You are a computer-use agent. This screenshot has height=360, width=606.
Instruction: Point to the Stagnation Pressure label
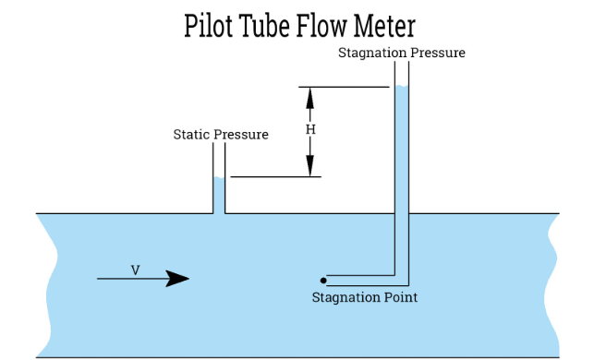tap(401, 53)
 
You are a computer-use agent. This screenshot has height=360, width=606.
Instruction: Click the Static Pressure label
tap(221, 135)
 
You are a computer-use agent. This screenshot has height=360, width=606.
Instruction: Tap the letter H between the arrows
tap(310, 130)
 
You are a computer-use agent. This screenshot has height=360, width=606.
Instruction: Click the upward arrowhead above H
tap(310, 96)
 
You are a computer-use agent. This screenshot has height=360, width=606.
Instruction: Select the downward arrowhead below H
tap(310, 166)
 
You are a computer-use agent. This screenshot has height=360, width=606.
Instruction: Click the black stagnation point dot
tap(323, 280)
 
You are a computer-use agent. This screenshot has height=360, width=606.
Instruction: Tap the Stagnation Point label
tap(364, 297)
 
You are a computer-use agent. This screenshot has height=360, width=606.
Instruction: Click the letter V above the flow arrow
tap(135, 270)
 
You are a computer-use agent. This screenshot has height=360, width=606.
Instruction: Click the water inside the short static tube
tap(220, 196)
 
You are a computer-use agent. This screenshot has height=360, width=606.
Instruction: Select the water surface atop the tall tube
tap(402, 88)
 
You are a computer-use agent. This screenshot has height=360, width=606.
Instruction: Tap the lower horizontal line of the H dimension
tap(275, 176)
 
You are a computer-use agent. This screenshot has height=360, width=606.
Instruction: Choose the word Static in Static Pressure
tap(192, 135)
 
